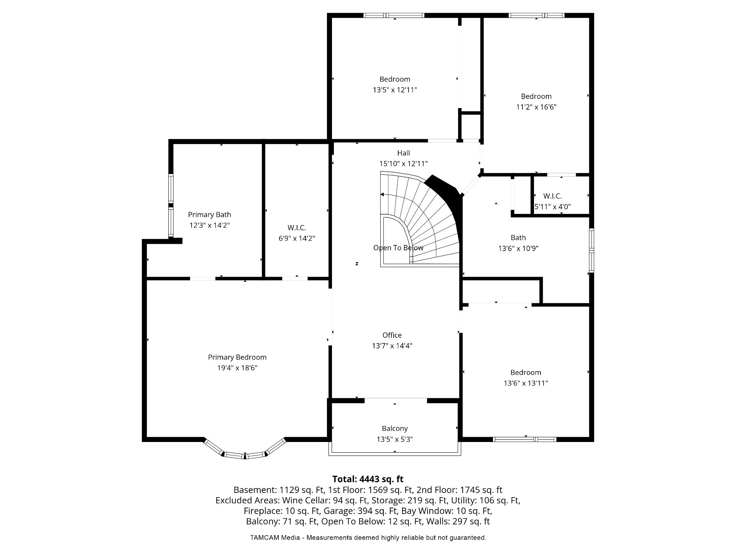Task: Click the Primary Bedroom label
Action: point(237,357)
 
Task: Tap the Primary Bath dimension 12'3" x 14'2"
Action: point(210,225)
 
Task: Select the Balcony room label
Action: point(395,429)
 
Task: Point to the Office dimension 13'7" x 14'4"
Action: point(392,346)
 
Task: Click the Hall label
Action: point(404,153)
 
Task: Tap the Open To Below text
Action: point(398,248)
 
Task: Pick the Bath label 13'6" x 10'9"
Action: point(518,248)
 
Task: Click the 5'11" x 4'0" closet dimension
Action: point(553,207)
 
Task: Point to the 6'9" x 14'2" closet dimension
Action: point(297,238)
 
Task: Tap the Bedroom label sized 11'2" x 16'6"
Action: point(536,97)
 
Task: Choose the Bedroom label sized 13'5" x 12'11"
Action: point(395,79)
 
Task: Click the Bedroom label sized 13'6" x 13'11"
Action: point(526,373)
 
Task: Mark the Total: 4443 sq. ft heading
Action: point(368,479)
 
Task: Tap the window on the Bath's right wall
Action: point(591,250)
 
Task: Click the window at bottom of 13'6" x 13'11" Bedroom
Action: point(524,439)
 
